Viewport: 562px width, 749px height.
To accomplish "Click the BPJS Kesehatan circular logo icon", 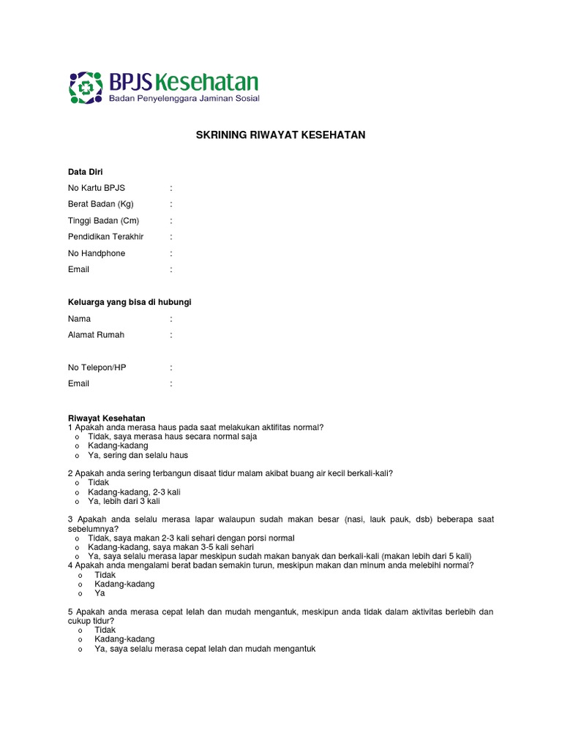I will coord(86,88).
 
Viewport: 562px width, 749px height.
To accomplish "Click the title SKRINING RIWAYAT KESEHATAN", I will coord(280,135).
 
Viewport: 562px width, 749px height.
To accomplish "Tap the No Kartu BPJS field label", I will coord(97,188).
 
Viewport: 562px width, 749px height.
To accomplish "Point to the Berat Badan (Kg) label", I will coord(101,204).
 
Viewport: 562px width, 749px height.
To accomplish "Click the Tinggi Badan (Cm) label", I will coord(103,220).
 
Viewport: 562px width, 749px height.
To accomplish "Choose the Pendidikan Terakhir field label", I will coord(106,237).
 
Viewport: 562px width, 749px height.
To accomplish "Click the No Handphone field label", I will coord(97,253).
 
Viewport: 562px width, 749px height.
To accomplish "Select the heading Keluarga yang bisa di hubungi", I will coord(130,302).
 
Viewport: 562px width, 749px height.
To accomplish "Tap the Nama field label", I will coord(80,319).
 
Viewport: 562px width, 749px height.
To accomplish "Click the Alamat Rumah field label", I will coord(96,335).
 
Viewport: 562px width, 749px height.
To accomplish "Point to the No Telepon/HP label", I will coord(97,367).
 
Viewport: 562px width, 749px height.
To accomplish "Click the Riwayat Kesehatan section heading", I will coord(107,418).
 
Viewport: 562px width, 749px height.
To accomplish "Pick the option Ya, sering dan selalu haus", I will coord(138,455).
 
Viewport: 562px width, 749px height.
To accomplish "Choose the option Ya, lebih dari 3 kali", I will coord(124,502).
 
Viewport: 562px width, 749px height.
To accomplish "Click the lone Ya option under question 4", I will coord(100,593).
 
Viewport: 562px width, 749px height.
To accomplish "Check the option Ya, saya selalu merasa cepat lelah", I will coord(204,648).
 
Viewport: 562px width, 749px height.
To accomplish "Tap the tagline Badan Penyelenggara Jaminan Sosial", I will coord(184,97).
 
